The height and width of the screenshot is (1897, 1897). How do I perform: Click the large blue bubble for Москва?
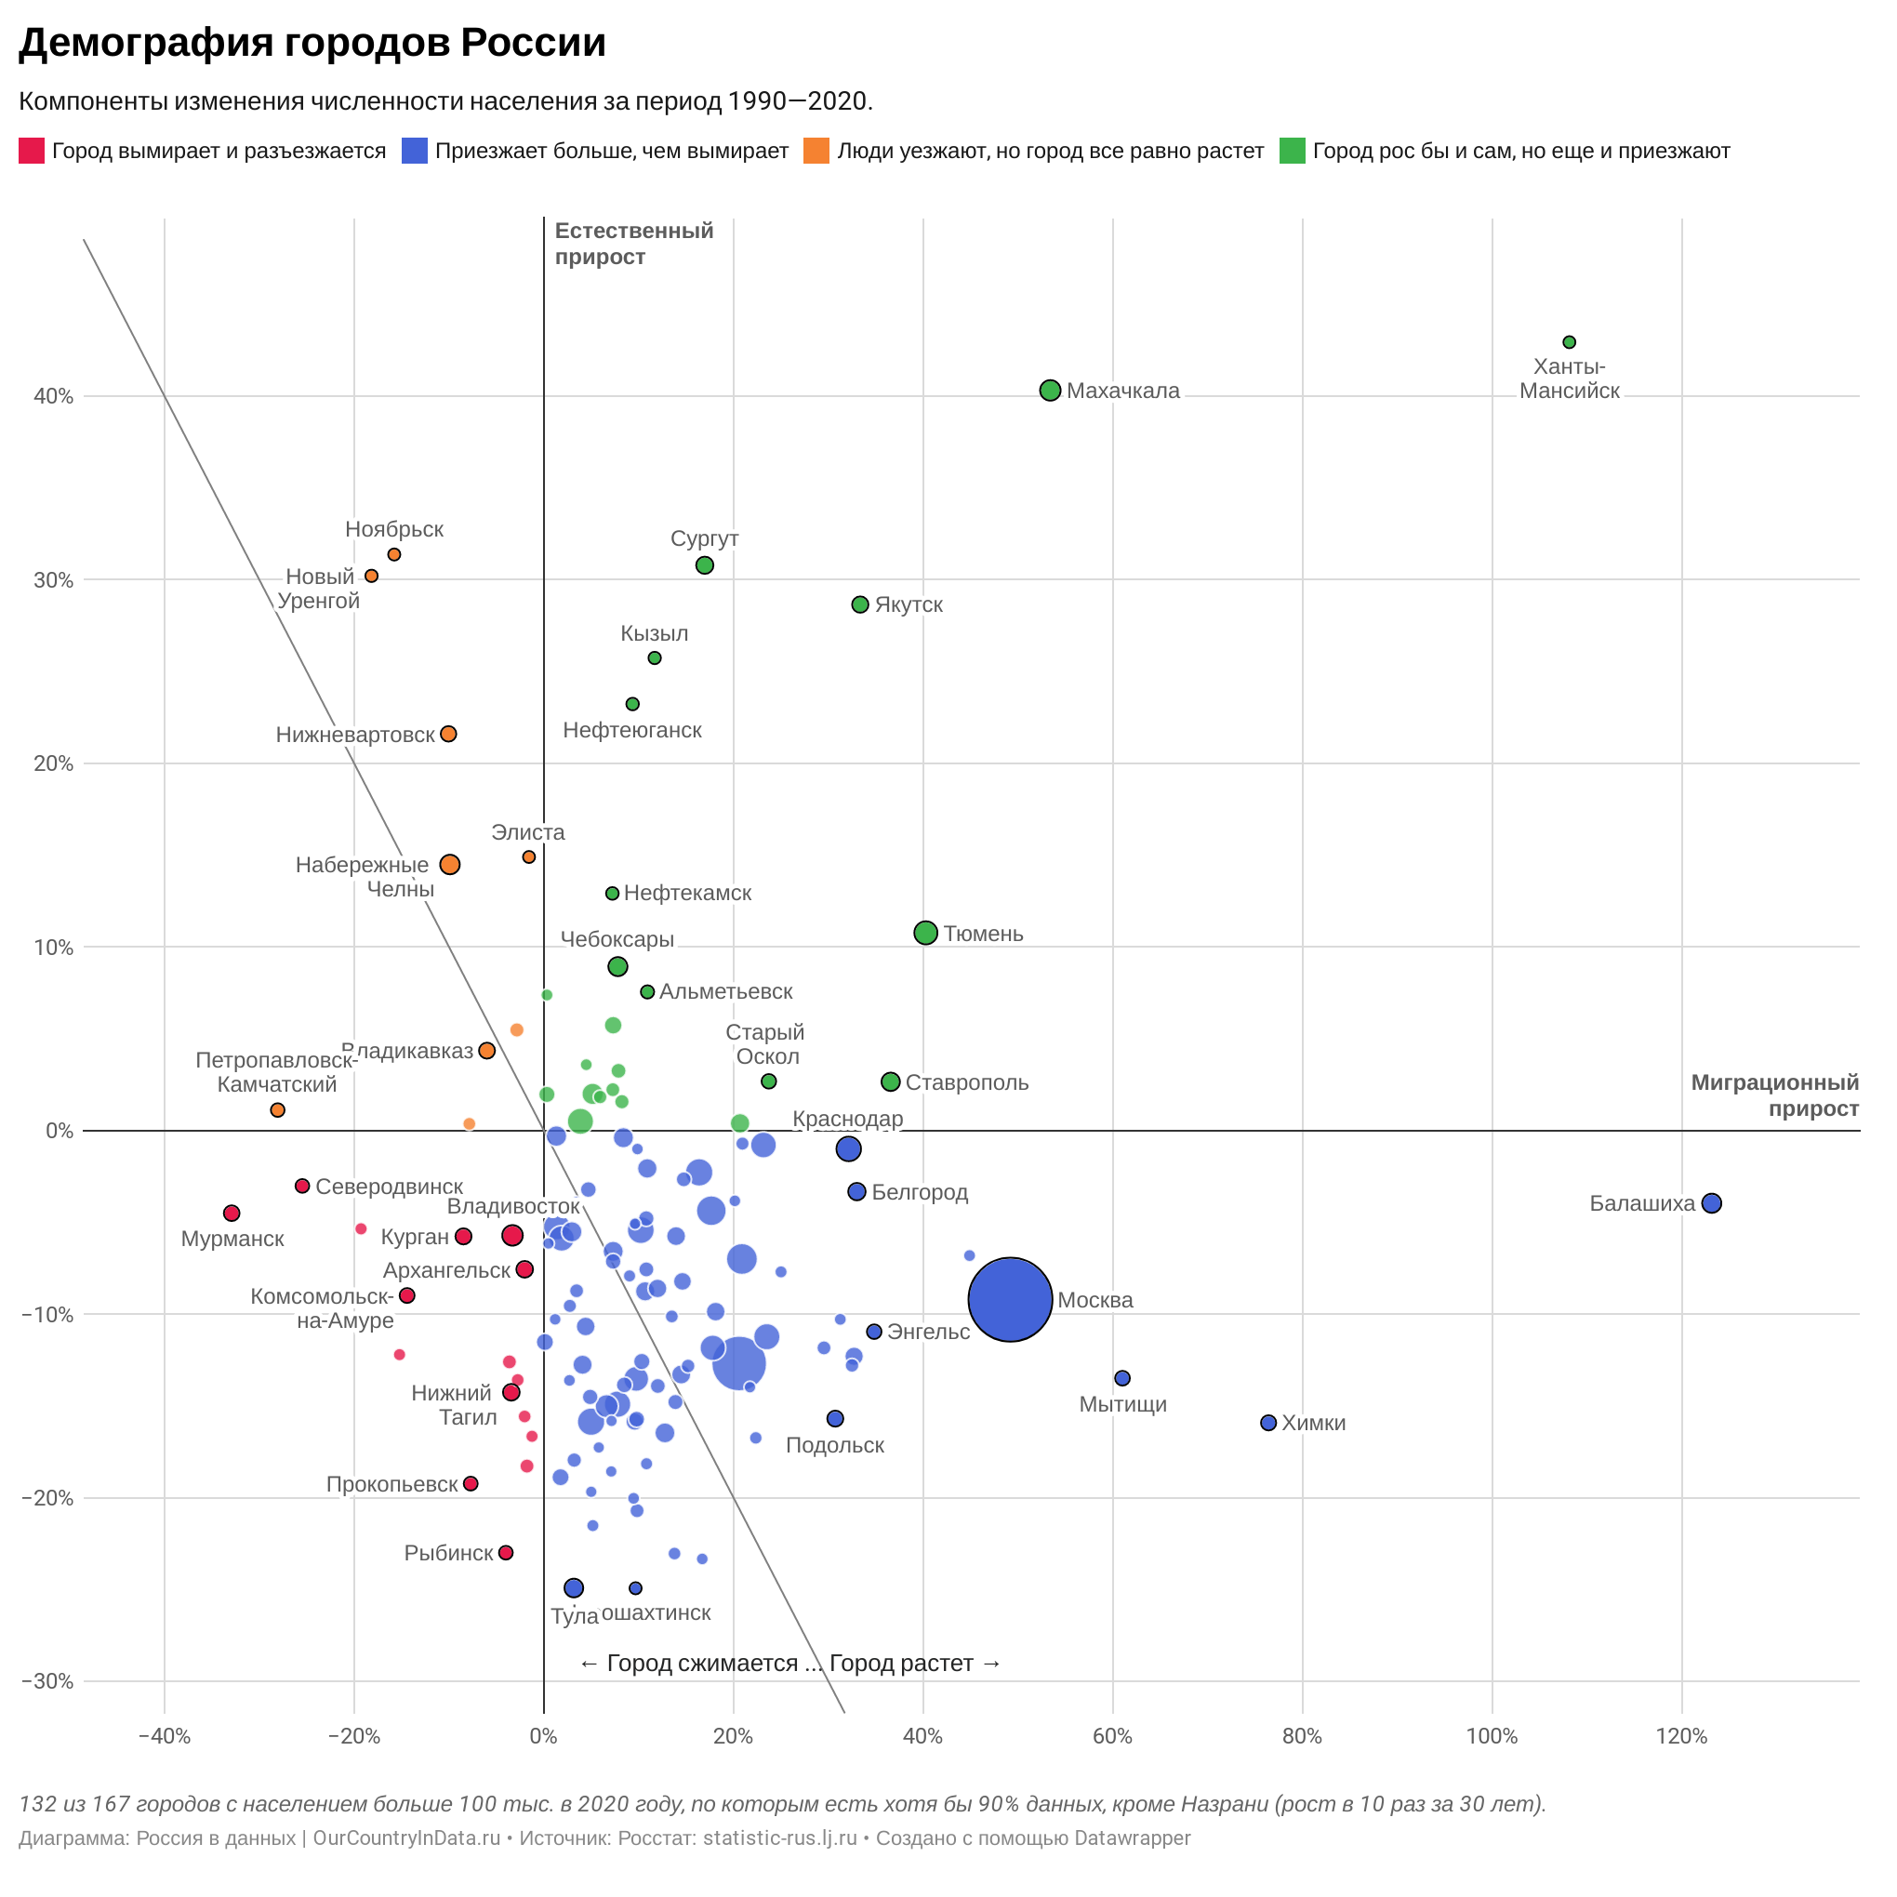pos(1011,1299)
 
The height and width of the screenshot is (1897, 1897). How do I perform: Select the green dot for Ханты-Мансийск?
pos(1569,341)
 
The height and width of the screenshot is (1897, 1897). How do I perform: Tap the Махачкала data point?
pos(1050,390)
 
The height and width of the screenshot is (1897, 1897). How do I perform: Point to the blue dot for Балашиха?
pos(1711,1202)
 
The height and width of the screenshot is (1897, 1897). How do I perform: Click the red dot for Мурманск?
pos(232,1213)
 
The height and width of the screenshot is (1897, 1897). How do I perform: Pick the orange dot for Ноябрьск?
pos(393,555)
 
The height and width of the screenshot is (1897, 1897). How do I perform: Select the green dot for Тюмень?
pos(925,933)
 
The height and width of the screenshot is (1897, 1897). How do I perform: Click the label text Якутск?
pos(909,604)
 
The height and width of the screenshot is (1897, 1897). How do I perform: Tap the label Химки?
pos(1313,1423)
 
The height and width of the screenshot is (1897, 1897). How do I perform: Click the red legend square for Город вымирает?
pos(32,152)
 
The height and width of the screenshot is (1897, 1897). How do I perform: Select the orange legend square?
pos(816,152)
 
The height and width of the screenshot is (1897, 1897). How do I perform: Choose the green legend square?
pos(1293,152)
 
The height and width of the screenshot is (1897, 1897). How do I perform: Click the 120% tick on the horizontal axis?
pos(1681,1737)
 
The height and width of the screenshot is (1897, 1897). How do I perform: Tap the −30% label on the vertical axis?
pos(46,1682)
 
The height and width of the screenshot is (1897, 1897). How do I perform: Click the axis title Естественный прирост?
pos(633,244)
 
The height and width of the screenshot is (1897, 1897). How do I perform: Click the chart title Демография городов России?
pos(312,43)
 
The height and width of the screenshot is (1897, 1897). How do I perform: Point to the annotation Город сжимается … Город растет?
pos(789,1664)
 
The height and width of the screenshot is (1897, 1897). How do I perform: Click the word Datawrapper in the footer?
pos(1131,1838)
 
